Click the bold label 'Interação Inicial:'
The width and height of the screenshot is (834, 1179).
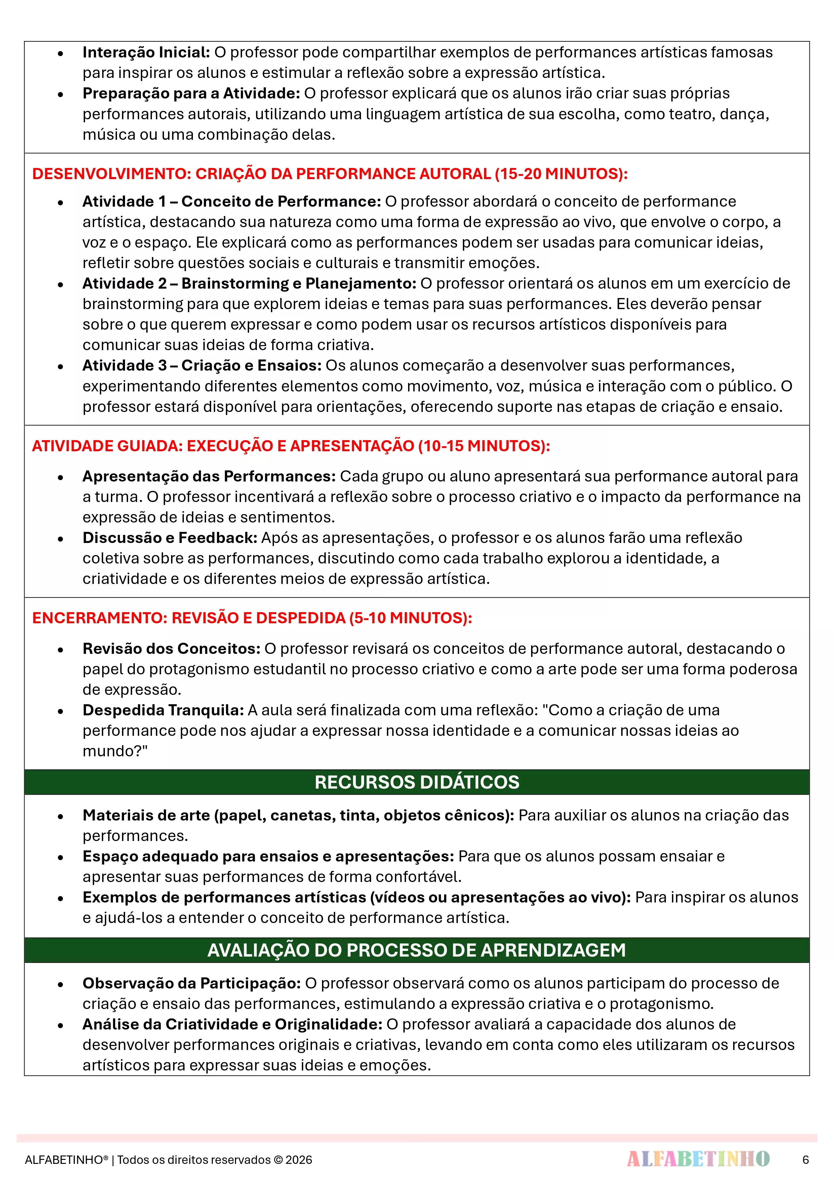point(146,52)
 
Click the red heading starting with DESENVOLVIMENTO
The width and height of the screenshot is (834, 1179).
point(329,174)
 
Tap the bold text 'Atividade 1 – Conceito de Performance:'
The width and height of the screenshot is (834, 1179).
point(231,201)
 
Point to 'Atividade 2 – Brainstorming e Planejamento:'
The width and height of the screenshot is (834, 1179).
point(249,284)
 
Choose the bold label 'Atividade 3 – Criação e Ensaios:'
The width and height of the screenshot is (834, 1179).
point(202,366)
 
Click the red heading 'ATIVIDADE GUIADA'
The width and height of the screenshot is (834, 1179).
point(291,446)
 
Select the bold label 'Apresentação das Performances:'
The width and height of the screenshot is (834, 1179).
point(209,476)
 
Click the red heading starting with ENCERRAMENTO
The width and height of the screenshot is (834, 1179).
point(252,618)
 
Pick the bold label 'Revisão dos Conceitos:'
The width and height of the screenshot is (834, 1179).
point(172,648)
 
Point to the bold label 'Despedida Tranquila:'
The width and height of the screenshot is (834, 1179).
point(163,710)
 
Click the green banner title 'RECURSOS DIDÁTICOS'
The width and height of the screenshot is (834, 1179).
point(417,782)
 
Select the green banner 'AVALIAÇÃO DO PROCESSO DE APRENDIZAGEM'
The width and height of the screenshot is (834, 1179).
point(417,950)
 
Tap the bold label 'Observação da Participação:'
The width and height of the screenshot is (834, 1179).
point(192,983)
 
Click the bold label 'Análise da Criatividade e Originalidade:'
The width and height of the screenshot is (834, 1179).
point(232,1024)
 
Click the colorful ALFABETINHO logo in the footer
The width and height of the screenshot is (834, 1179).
point(698,1159)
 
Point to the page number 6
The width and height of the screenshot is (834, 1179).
point(805,1160)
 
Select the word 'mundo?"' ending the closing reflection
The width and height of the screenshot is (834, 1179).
point(115,751)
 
